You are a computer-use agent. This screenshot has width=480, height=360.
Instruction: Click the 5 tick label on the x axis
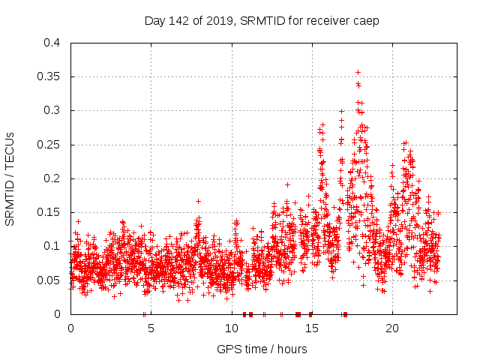[x=151, y=328]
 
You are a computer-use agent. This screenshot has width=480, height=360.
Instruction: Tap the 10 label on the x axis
[x=231, y=328]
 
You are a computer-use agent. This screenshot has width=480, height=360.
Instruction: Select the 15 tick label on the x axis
[x=311, y=328]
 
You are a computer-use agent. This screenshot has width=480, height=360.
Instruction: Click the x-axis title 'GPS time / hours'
[x=262, y=349]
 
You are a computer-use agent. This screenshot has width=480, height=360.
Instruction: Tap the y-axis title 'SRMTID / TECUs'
[x=10, y=178]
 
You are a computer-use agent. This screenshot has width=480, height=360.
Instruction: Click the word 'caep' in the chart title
[x=367, y=21]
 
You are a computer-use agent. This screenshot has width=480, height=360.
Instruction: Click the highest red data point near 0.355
[x=358, y=73]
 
